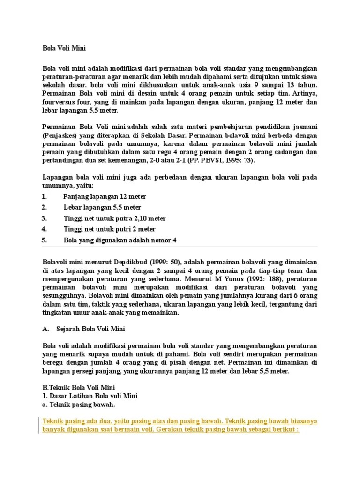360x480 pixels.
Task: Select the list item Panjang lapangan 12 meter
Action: (105, 196)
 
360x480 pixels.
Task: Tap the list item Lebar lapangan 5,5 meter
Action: (102, 207)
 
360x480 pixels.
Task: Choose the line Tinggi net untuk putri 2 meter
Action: (109, 229)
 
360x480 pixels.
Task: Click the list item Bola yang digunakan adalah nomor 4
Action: (120, 240)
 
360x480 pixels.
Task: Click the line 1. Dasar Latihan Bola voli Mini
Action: (90, 396)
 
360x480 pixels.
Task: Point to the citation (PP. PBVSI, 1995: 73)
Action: (224, 160)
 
